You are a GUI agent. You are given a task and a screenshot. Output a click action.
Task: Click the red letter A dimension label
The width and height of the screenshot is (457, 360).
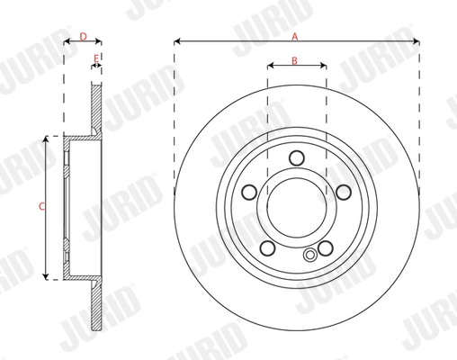coord(296,35)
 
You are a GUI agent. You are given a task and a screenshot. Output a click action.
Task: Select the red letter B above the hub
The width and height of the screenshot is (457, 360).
coord(296,60)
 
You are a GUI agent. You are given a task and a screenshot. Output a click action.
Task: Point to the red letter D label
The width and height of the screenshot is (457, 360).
coord(82,36)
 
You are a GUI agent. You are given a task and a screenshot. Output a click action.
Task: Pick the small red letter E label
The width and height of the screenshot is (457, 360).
coord(96,58)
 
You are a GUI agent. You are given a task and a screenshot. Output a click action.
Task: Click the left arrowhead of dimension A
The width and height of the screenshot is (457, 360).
coord(176,41)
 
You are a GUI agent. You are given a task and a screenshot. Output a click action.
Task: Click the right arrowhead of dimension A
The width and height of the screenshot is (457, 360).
coord(417,41)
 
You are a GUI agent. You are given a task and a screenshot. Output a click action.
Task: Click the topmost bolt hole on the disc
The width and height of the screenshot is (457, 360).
coord(296,158)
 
